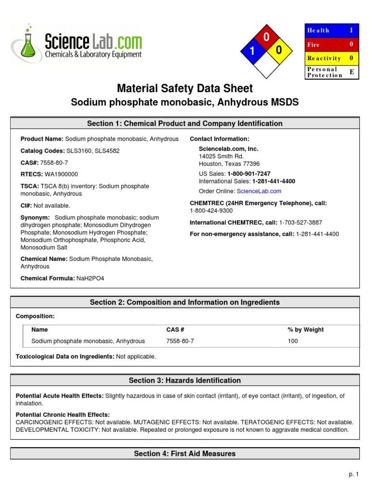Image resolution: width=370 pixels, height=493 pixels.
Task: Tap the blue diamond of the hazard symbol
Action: (x=251, y=51)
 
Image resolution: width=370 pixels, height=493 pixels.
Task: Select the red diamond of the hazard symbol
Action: (x=265, y=37)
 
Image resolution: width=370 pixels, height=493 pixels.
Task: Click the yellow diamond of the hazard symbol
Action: (x=279, y=51)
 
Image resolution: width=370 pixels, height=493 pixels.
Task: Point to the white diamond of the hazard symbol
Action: (x=265, y=65)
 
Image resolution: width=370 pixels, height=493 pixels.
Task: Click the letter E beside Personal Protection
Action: (x=351, y=72)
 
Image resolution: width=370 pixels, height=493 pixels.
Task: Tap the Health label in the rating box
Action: (x=318, y=30)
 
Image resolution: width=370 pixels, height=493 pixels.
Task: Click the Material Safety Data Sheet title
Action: (x=185, y=88)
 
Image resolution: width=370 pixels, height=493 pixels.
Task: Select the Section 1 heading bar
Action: (x=185, y=124)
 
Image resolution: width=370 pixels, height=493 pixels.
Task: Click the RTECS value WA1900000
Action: (x=61, y=174)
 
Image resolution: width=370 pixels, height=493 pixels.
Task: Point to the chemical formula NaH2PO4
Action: (x=90, y=278)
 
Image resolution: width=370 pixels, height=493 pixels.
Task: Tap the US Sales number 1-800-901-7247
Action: (x=249, y=173)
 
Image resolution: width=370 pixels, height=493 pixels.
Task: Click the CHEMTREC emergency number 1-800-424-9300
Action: (x=211, y=210)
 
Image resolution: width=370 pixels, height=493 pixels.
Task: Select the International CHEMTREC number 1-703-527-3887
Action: (x=301, y=222)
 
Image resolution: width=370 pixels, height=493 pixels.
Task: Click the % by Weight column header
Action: (x=305, y=330)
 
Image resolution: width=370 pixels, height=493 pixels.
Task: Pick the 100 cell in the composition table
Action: (x=293, y=341)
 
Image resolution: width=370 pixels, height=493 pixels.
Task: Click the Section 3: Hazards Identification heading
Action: (x=185, y=380)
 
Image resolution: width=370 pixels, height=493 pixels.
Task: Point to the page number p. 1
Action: (x=354, y=474)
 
